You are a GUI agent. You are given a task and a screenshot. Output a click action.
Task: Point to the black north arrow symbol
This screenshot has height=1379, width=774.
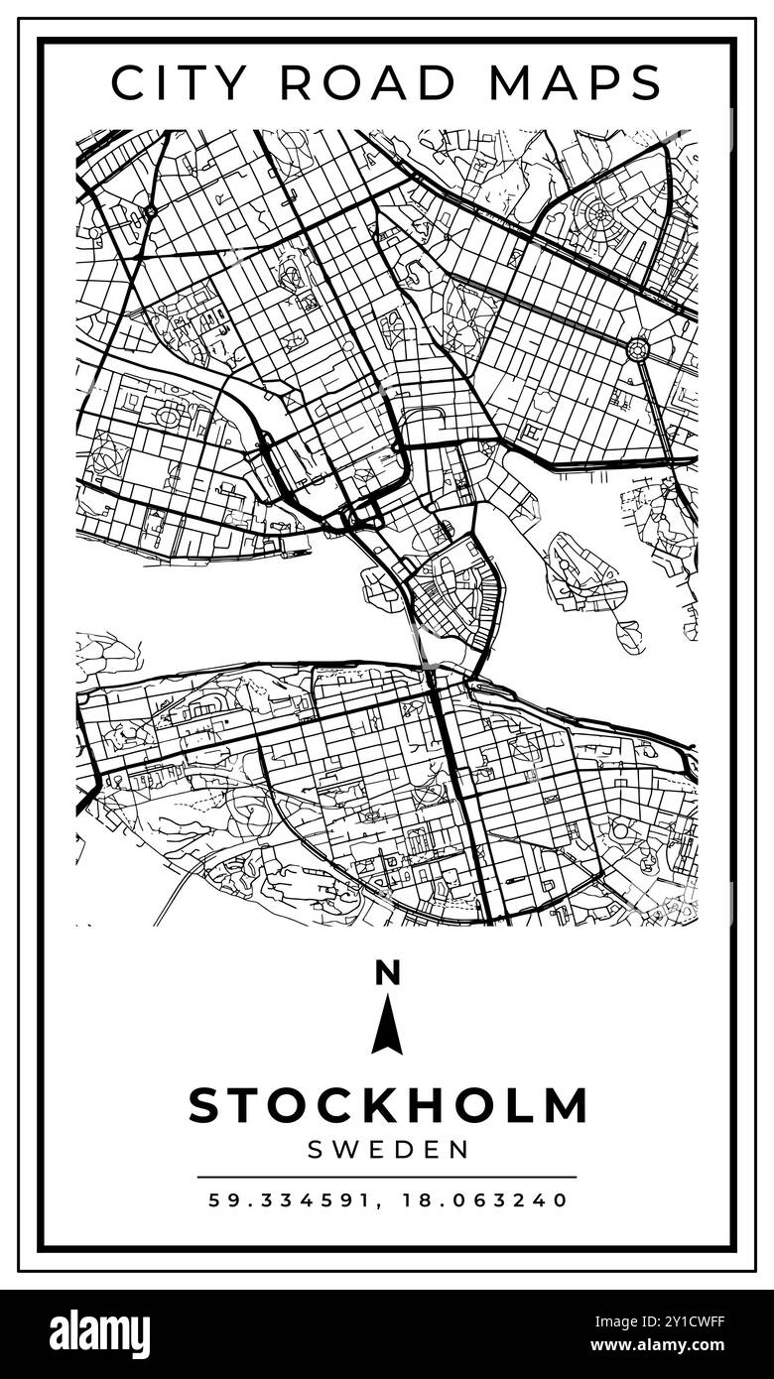pos(387,1026)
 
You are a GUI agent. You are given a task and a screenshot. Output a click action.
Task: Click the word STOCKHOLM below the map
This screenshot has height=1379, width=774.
pos(387,1106)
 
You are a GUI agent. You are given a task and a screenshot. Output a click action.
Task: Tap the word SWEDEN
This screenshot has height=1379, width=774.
pos(387,1150)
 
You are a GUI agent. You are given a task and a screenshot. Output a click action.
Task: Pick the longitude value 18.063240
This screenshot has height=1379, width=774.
pos(485,1200)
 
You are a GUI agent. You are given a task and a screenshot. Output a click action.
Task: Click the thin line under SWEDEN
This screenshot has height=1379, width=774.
pos(387,1177)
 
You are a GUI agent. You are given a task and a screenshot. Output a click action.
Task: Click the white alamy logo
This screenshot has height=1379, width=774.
pos(99,1334)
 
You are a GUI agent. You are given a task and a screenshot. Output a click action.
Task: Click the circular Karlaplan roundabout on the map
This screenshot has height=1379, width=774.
pos(637,348)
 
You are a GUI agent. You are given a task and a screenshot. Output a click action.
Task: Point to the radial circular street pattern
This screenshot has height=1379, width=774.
pos(602,214)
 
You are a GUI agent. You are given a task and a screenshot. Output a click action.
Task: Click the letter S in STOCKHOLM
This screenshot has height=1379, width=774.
pos(205,1106)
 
